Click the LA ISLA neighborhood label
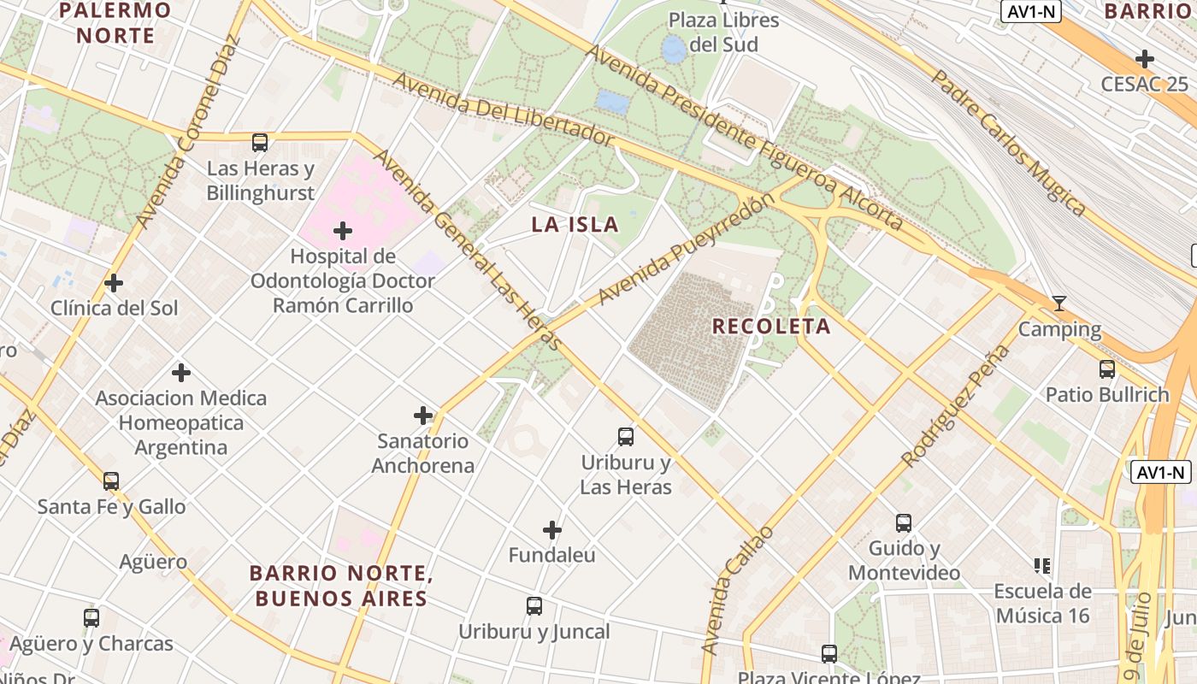click(575, 225)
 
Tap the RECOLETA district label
click(771, 326)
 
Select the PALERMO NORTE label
click(115, 23)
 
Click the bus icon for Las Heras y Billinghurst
click(260, 143)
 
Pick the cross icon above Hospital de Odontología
click(343, 231)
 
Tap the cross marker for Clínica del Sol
click(114, 283)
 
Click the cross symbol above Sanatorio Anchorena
click(423, 416)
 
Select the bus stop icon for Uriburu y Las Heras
click(626, 437)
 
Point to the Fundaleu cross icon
click(552, 530)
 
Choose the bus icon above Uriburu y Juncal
click(534, 606)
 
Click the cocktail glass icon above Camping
click(1059, 304)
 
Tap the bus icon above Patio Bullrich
click(1107, 369)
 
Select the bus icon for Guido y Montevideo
click(904, 523)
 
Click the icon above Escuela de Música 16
click(1042, 566)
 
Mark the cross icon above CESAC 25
click(1145, 59)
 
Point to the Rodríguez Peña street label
click(955, 407)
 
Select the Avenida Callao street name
click(736, 591)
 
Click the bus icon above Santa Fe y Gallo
click(111, 481)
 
